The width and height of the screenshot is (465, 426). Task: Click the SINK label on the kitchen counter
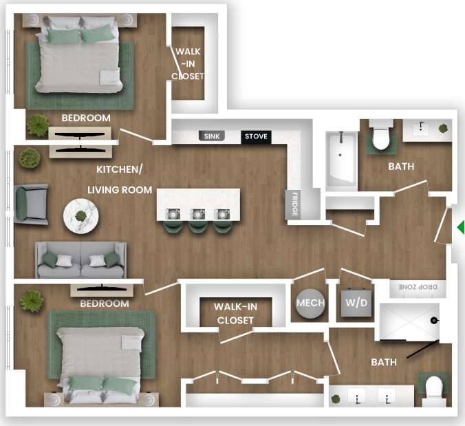coord(213,136)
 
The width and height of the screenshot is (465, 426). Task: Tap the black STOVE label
coord(257,136)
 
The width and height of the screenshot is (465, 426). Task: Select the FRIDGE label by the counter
coord(294,204)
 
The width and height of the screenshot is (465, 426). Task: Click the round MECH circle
coord(310,303)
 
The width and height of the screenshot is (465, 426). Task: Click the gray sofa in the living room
coord(81,260)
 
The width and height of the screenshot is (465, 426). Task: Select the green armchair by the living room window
coord(30,204)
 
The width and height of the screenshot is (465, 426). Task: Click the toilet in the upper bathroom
coord(381,136)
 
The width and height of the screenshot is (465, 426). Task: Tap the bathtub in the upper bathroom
coord(340,161)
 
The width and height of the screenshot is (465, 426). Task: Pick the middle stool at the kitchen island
coord(199,222)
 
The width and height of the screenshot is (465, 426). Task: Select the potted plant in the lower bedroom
coord(31,301)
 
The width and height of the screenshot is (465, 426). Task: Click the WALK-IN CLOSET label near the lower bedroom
coord(235,313)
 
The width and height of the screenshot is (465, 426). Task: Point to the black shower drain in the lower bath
coord(434,321)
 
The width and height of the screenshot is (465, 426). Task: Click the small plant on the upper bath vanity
coord(444,128)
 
